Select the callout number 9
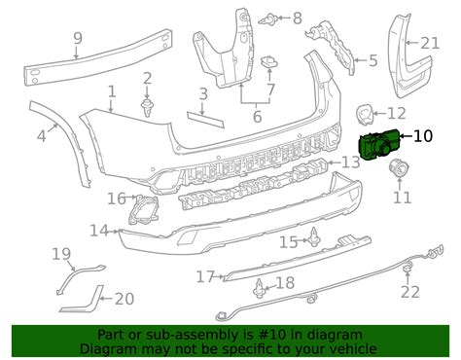tap(78, 40)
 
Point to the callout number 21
tap(430, 42)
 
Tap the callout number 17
tap(204, 277)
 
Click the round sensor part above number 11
tap(397, 170)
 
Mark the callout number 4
tap(41, 137)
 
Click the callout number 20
tap(124, 299)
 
